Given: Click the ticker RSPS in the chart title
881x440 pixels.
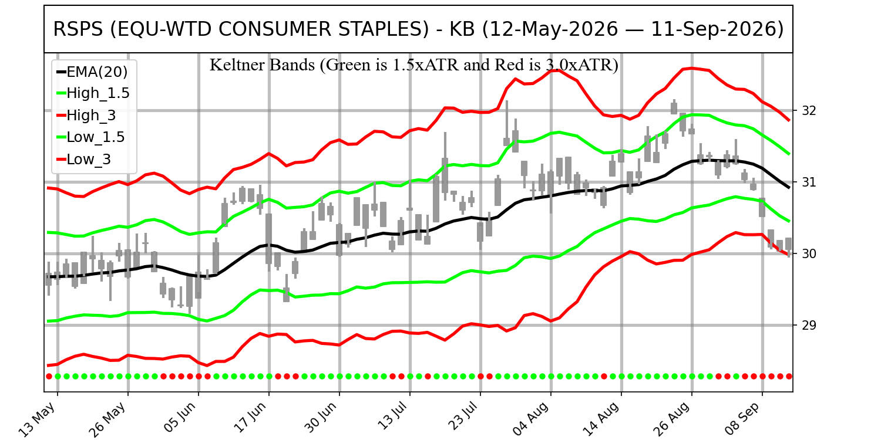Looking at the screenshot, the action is pos(78,29).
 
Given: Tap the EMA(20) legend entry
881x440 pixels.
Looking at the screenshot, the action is pos(92,72).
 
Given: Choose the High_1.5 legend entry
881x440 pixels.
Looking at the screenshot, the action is pos(93,93).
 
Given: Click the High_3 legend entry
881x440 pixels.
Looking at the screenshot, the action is pos(86,116).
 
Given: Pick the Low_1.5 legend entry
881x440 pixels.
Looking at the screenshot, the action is pos(90,137).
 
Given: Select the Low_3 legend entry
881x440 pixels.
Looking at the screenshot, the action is pos(84,160).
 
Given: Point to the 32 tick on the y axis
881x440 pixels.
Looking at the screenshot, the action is pos(809,111).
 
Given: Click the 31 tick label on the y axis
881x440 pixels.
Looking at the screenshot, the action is pos(809,182).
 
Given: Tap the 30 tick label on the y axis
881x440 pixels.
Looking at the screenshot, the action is pos(809,254).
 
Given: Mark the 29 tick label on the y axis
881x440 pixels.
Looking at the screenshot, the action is pos(809,325).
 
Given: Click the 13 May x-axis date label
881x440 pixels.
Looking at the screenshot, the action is pos(38,419).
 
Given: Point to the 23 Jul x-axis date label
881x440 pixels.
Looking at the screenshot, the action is pos(463,418).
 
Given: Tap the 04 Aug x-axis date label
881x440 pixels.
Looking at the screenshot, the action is pos(531,419).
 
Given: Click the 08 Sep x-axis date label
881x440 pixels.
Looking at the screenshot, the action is pos(742,419).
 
